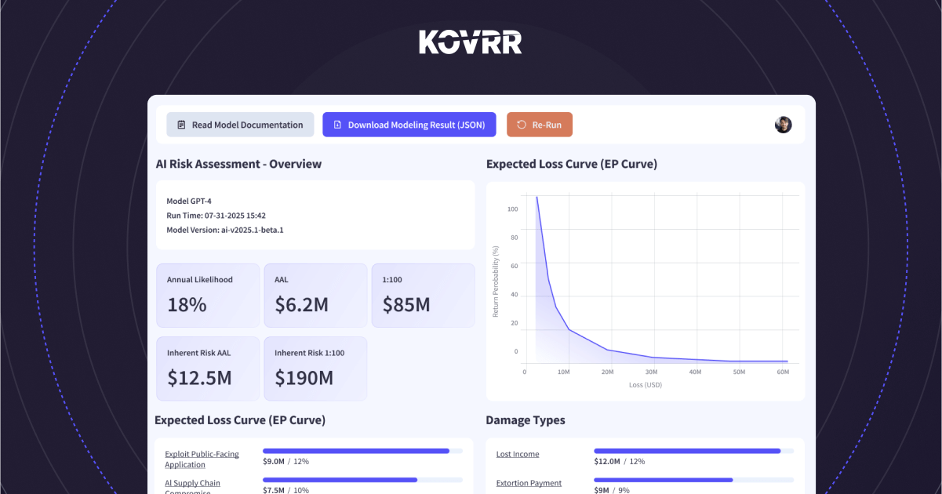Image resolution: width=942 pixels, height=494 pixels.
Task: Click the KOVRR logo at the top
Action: [x=471, y=42]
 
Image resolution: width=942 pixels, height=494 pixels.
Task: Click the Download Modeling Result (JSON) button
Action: [x=409, y=125]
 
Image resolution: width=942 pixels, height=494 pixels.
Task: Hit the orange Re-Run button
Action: [x=540, y=125]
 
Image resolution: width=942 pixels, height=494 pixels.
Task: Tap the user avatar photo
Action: [x=783, y=125]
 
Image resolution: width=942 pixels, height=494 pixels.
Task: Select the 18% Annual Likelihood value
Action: [x=187, y=305]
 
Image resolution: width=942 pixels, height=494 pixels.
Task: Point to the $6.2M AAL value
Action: [x=301, y=305]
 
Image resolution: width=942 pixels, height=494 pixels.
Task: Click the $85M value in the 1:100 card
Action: [x=406, y=305]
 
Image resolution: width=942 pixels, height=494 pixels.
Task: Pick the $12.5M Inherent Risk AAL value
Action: [x=199, y=378]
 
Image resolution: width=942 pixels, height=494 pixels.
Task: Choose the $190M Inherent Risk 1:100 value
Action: [x=304, y=378]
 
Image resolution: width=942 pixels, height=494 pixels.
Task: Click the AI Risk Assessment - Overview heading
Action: [x=238, y=164]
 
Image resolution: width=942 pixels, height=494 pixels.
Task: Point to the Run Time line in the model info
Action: [x=216, y=216]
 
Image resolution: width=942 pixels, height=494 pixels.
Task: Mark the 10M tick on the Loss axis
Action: [x=563, y=372]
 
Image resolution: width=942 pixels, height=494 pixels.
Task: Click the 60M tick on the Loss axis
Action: [x=783, y=372]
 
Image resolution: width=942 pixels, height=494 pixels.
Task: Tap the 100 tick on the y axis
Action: [x=512, y=209]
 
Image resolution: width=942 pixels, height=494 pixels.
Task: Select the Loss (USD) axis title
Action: [x=646, y=386]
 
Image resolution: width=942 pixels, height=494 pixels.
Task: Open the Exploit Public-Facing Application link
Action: [x=202, y=459]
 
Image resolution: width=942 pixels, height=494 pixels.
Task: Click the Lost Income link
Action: [x=518, y=454]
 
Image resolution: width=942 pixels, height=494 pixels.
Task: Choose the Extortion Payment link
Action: [x=529, y=483]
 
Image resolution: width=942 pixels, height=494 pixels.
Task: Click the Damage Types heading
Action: [x=526, y=420]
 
